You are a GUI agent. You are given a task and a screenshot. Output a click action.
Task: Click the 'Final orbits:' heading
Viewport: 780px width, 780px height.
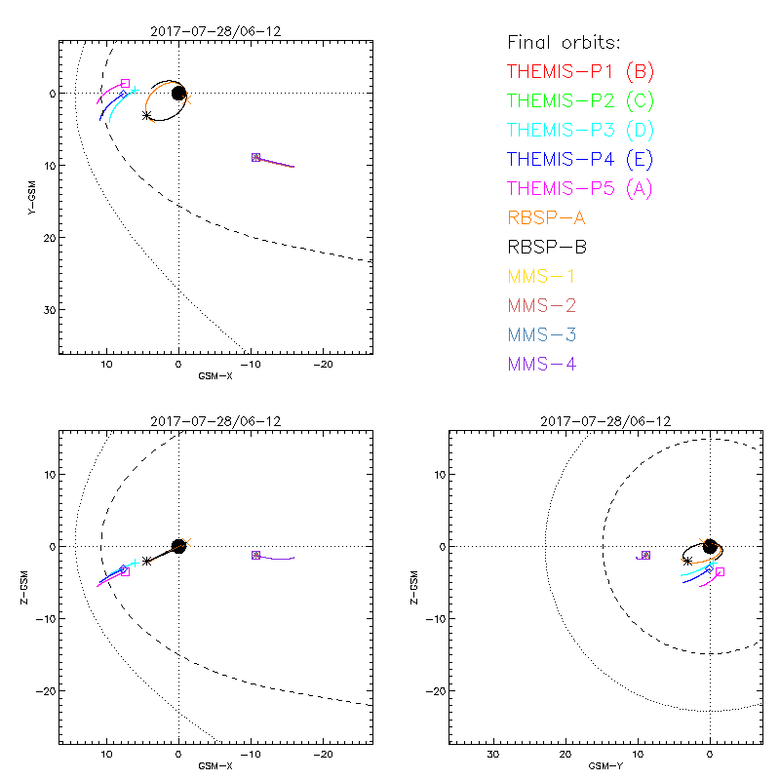(564, 43)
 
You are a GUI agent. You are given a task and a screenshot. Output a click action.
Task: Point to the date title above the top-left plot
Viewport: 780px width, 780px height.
(215, 31)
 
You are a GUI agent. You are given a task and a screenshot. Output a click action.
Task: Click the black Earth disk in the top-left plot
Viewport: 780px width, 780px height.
(178, 93)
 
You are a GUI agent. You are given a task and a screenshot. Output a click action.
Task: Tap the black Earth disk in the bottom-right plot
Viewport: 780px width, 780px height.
(710, 546)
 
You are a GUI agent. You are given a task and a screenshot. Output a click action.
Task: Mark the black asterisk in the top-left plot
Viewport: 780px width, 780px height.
(147, 115)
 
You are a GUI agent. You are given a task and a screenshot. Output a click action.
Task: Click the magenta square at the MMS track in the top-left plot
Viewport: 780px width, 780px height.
(255, 157)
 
